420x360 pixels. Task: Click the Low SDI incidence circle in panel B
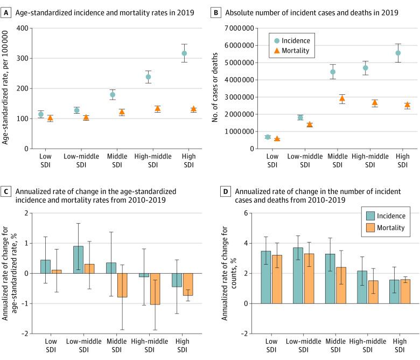pos(268,137)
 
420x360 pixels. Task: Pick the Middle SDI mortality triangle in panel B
pos(341,99)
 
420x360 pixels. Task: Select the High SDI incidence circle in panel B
pos(398,53)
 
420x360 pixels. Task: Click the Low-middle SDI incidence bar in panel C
pos(78,260)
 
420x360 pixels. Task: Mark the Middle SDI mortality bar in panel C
pos(122,285)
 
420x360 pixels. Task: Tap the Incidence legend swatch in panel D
pos(370,216)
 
